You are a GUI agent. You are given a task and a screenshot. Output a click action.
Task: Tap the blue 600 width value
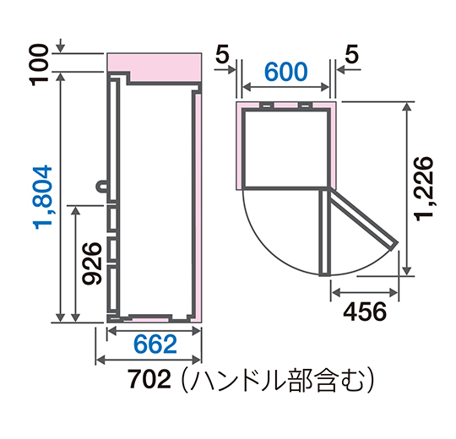(x=288, y=73)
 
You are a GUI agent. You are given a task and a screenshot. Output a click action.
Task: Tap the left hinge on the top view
(x=266, y=106)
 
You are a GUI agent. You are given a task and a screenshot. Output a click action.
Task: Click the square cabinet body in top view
(x=285, y=148)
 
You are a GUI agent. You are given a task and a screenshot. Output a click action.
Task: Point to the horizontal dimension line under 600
(x=288, y=88)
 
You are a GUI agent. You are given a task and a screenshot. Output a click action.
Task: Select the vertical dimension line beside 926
(x=76, y=264)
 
